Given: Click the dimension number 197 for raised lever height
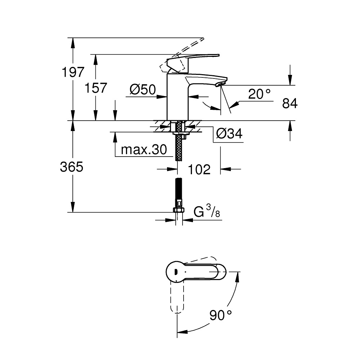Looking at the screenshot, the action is click(x=73, y=72).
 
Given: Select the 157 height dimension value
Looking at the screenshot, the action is click(x=96, y=88).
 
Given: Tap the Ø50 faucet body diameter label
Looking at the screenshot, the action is click(x=143, y=90).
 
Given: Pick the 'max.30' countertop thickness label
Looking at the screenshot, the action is click(x=144, y=150).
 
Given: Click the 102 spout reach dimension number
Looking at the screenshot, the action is click(x=199, y=170).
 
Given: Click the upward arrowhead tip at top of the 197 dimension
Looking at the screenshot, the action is click(x=73, y=38).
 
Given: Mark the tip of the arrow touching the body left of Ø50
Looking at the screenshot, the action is click(x=167, y=97).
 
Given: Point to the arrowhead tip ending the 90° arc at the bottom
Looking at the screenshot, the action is click(x=177, y=332).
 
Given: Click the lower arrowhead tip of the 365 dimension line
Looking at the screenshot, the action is click(x=73, y=212).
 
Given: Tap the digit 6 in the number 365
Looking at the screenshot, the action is click(x=71, y=167).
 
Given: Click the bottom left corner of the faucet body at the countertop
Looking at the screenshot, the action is click(x=167, y=120).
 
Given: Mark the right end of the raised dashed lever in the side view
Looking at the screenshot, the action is click(x=204, y=39).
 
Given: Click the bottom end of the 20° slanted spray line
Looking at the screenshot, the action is click(x=231, y=113).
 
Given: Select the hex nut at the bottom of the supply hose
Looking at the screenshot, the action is click(x=179, y=210).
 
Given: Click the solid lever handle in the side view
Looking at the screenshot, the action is click(x=192, y=62).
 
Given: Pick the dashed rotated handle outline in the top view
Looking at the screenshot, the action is click(x=177, y=297).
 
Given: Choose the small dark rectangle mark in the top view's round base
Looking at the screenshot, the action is click(x=176, y=272).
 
